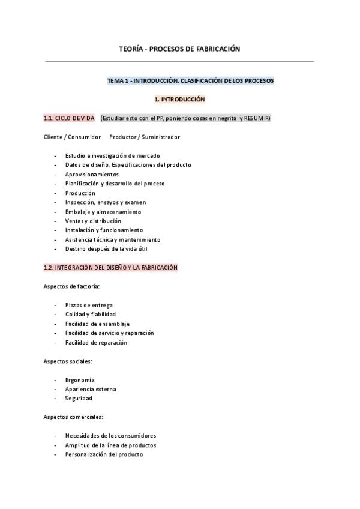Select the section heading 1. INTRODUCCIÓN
179,99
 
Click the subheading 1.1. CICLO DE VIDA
69,118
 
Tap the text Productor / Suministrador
145,137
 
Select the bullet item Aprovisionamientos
92,174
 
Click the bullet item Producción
80,193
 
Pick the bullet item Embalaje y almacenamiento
103,211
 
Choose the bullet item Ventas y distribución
93,221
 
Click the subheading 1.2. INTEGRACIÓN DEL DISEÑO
110,267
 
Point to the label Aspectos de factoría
72,286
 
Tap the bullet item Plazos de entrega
89,305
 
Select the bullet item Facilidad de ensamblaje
97,324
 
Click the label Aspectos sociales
68,361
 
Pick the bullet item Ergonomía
80,379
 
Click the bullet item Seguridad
79,398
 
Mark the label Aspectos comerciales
73,417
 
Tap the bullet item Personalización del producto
104,454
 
